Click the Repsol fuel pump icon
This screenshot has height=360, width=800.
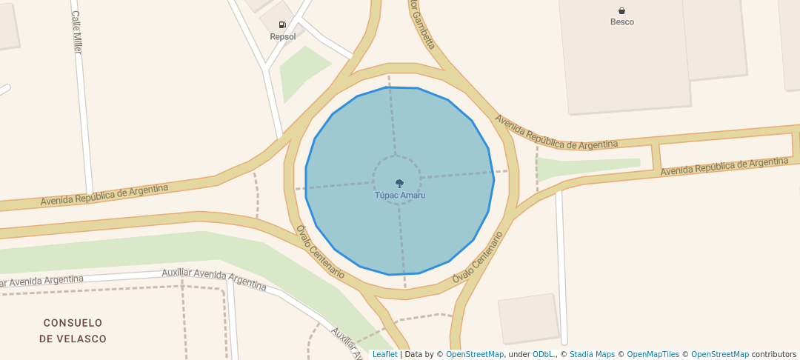[x=282, y=25]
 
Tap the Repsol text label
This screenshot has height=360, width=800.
[x=282, y=36]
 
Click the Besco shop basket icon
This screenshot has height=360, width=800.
[x=621, y=10]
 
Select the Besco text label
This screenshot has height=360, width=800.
[x=621, y=22]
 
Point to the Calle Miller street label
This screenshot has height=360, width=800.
[x=76, y=32]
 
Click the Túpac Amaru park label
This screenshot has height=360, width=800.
[x=400, y=196]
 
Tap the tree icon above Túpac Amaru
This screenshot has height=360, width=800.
[x=400, y=183]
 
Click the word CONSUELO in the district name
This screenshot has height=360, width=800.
[x=73, y=323]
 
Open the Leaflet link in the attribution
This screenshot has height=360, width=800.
[x=384, y=354]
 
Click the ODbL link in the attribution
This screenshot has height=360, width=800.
[x=543, y=354]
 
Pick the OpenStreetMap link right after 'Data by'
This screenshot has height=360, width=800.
[x=474, y=354]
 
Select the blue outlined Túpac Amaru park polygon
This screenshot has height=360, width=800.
[x=444, y=222]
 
